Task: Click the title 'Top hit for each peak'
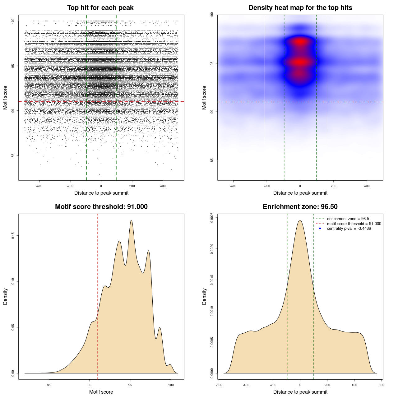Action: pyautogui.click(x=100, y=8)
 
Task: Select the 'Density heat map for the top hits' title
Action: pyautogui.click(x=300, y=8)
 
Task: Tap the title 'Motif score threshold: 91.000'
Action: pyautogui.click(x=101, y=207)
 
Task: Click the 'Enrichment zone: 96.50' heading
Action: pyautogui.click(x=300, y=207)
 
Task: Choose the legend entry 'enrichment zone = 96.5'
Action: pyautogui.click(x=348, y=219)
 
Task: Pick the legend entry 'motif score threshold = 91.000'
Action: pyautogui.click(x=354, y=224)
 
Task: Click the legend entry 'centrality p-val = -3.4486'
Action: pyautogui.click(x=349, y=229)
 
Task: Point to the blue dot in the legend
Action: pyautogui.click(x=320, y=229)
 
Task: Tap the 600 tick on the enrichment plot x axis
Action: pyautogui.click(x=382, y=385)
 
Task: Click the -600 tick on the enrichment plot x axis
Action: pyautogui.click(x=219, y=385)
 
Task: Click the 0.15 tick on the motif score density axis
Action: pyautogui.click(x=13, y=236)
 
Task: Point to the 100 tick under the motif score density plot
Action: pyautogui.click(x=171, y=385)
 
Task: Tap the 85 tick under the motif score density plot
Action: pyautogui.click(x=49, y=385)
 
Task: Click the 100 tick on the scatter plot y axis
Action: pyautogui.click(x=13, y=21)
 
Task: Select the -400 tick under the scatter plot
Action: pyautogui.click(x=39, y=186)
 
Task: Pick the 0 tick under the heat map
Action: pyautogui.click(x=300, y=186)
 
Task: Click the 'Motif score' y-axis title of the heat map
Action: pyautogui.click(x=204, y=98)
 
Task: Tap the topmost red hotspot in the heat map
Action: pyautogui.click(x=300, y=41)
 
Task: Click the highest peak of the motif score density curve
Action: pyautogui.click(x=131, y=220)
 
